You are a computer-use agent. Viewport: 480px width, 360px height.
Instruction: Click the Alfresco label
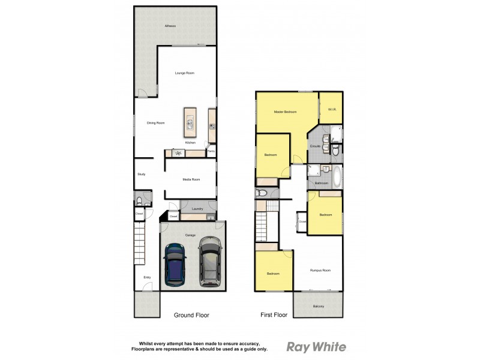(x=173, y=26)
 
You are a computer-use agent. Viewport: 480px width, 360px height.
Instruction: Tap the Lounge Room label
(x=184, y=73)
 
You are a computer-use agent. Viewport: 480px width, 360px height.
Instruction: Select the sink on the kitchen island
(x=190, y=124)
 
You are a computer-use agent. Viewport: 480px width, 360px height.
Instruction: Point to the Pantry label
(x=211, y=152)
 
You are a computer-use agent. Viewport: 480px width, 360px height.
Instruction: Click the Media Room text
(x=191, y=179)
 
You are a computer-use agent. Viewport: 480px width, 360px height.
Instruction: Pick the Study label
(x=142, y=175)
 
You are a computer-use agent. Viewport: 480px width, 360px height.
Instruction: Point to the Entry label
(x=147, y=277)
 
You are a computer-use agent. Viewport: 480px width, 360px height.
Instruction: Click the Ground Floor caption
(x=191, y=314)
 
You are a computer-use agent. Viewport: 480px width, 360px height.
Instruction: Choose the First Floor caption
(x=274, y=314)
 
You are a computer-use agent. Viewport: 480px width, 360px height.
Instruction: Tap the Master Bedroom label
(x=285, y=112)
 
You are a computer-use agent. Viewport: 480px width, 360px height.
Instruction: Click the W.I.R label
(x=331, y=109)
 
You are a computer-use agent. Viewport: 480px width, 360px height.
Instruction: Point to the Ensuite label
(x=314, y=146)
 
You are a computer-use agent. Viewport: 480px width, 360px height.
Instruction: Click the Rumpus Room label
(x=320, y=271)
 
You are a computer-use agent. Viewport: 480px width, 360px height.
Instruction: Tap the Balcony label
(x=318, y=307)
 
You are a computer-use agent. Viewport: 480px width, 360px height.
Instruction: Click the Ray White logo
(x=316, y=347)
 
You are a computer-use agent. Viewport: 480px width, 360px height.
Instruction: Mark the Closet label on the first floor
(x=302, y=221)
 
